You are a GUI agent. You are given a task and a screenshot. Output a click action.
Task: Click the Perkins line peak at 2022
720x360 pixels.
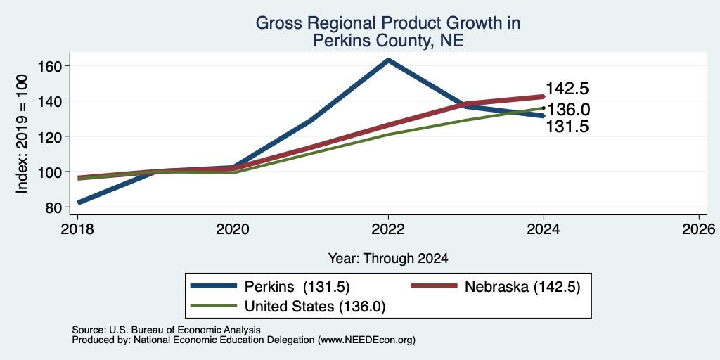click(x=388, y=60)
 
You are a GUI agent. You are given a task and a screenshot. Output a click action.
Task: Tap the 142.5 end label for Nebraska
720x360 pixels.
click(x=567, y=89)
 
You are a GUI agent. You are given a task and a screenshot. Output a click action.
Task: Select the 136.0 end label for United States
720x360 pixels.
click(x=569, y=109)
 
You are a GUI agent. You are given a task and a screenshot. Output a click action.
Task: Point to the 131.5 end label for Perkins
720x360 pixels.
click(x=567, y=127)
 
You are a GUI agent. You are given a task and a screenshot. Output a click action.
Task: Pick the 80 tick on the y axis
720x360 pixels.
click(x=53, y=207)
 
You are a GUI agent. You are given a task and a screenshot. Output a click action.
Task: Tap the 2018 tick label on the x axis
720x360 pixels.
click(x=77, y=229)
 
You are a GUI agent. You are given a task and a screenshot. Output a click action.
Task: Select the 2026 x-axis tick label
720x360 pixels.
click(x=699, y=229)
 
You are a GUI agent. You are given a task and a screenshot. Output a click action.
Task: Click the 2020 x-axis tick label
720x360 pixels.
click(x=233, y=229)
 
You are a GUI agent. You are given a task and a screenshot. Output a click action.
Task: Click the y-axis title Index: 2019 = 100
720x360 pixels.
click(x=22, y=134)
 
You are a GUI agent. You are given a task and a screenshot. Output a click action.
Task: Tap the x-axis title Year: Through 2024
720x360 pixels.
click(x=388, y=259)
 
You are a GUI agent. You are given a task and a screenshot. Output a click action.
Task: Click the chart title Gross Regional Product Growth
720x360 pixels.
click(x=388, y=23)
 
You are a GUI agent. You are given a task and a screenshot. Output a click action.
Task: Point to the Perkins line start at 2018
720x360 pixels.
click(x=79, y=202)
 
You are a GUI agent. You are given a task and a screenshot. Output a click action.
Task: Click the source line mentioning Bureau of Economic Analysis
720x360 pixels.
click(x=166, y=330)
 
